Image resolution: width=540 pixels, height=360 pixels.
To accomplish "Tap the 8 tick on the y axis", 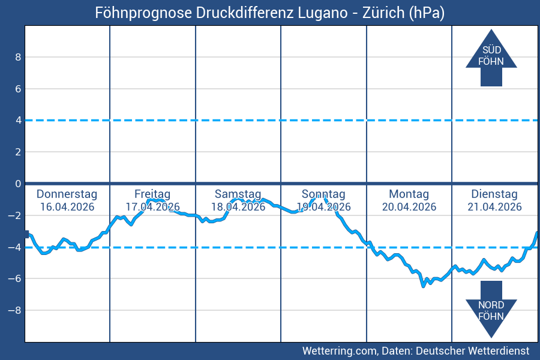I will click(18, 58).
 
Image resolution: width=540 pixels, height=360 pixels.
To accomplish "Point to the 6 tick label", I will click(18, 89).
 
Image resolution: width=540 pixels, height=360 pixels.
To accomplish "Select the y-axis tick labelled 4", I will click(18, 121).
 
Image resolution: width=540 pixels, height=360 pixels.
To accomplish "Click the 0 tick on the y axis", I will click(18, 184).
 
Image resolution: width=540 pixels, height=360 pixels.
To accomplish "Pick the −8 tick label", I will click(15, 310).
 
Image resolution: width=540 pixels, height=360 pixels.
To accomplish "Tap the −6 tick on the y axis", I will click(15, 278).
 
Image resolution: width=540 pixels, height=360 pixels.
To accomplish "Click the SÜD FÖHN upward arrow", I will click(491, 58).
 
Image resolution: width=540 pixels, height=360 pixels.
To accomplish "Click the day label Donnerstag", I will click(67, 194).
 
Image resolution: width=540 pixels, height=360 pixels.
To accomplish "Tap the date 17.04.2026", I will click(152, 207).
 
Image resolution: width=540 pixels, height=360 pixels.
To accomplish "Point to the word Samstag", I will click(238, 194).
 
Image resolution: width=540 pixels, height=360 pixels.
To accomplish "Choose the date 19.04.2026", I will click(323, 207).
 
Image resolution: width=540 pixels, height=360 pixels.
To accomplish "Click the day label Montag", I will click(409, 194).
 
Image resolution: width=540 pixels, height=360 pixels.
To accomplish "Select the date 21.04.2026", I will click(494, 207).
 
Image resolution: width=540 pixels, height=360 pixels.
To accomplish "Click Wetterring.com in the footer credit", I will click(339, 350).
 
